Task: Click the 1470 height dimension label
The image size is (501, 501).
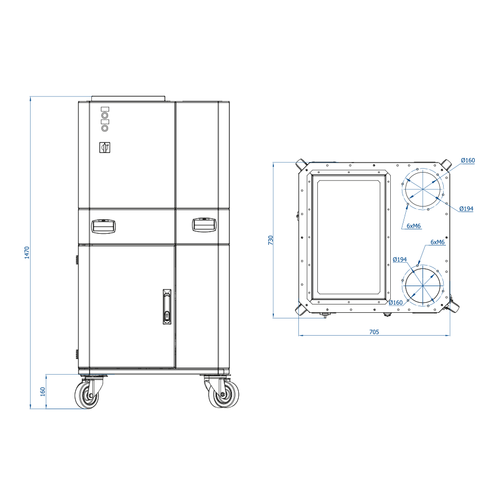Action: click(27, 252)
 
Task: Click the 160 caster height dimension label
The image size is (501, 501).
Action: click(43, 391)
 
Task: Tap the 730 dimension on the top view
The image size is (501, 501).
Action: click(271, 240)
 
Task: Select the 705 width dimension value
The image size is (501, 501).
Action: click(374, 332)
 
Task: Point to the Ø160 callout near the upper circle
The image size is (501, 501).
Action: click(468, 160)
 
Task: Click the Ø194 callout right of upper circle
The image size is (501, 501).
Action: click(466, 209)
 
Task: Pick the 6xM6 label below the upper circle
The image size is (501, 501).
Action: click(414, 226)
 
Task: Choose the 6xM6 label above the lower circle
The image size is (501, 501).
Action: click(438, 242)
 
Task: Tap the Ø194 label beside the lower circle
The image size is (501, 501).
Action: click(400, 259)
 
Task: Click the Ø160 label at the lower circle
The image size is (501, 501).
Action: click(396, 303)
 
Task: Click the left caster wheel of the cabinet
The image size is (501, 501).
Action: click(87, 396)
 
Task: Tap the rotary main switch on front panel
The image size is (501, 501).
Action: click(105, 148)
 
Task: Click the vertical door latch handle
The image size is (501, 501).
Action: click(167, 307)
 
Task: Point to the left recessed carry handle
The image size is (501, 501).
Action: click(103, 226)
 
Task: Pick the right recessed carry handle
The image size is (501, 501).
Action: click(204, 225)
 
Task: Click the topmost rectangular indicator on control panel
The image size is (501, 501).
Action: click(105, 109)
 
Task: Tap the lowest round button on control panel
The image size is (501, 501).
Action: click(105, 128)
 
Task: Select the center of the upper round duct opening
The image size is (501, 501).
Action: click(423, 189)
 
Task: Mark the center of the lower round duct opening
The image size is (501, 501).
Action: click(423, 286)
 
